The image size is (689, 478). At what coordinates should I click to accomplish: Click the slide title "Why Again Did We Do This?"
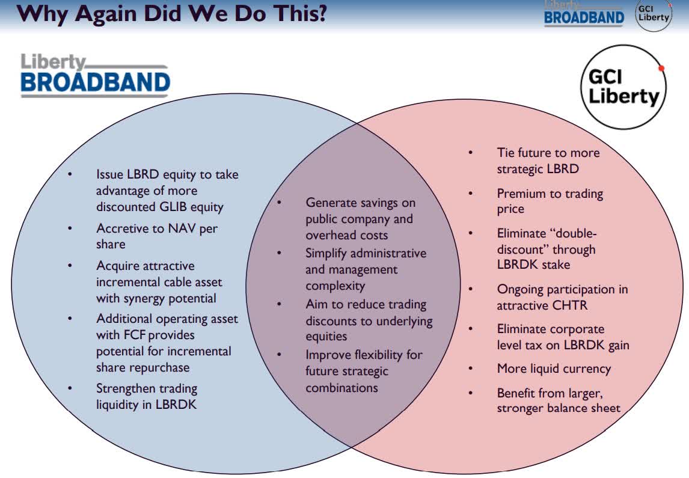(x=172, y=13)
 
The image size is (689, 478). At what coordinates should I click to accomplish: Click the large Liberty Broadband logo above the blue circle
(x=96, y=75)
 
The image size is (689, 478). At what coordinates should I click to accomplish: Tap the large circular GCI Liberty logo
(x=623, y=87)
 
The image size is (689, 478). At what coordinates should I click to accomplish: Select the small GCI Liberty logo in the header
(x=654, y=15)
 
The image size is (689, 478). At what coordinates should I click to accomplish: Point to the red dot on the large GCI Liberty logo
(x=661, y=69)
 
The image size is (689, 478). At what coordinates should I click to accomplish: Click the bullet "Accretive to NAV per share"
(x=157, y=236)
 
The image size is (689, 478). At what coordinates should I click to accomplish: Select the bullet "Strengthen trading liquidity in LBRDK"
(x=147, y=396)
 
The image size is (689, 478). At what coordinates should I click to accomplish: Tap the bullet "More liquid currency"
(x=554, y=369)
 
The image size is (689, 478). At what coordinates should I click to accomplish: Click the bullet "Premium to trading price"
(x=550, y=201)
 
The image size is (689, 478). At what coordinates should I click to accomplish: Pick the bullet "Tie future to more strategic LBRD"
(x=548, y=161)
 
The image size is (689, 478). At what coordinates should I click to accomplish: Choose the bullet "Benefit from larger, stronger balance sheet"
(x=559, y=400)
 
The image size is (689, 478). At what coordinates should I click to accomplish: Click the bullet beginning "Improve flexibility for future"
(x=364, y=371)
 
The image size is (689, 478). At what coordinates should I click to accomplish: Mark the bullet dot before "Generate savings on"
(x=280, y=203)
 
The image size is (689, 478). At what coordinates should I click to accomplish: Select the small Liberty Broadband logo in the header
(x=584, y=14)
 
